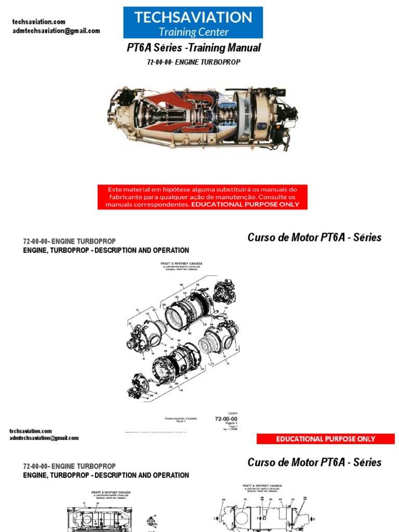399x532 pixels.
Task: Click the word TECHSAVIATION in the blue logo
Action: point(193,18)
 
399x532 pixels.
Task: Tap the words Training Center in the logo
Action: point(193,32)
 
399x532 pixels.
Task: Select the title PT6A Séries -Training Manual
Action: point(194,48)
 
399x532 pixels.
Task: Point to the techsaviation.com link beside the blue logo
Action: point(39,22)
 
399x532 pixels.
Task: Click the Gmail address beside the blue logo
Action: point(56,31)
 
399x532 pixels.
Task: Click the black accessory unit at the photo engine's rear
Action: point(286,114)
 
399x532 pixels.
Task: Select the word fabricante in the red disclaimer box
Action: point(128,197)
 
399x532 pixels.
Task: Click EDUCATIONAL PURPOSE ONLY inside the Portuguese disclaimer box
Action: point(245,204)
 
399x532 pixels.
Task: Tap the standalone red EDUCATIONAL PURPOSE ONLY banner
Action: point(325,439)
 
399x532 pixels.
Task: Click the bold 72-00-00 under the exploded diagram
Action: point(226,419)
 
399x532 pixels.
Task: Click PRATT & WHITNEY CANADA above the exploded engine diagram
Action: point(181,264)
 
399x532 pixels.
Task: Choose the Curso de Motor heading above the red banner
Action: point(314,237)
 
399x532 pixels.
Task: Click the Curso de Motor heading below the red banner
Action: point(314,462)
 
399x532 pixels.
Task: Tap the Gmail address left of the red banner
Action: point(44,438)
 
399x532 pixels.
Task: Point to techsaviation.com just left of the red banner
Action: point(31,431)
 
